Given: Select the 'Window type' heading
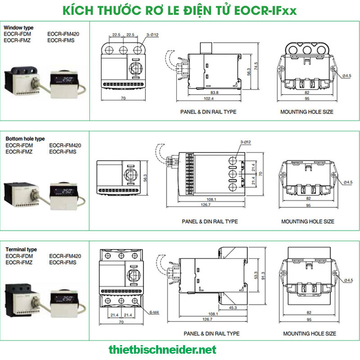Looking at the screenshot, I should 19,28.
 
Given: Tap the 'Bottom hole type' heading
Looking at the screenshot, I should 25,139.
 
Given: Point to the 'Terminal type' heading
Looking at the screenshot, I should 21,249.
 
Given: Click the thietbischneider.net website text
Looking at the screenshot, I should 162,349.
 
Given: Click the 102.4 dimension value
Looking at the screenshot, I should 208,99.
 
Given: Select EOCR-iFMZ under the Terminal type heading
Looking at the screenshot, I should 18,262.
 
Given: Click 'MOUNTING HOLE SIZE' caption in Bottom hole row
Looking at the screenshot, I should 308,221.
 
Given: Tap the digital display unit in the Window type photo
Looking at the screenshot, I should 64,83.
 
